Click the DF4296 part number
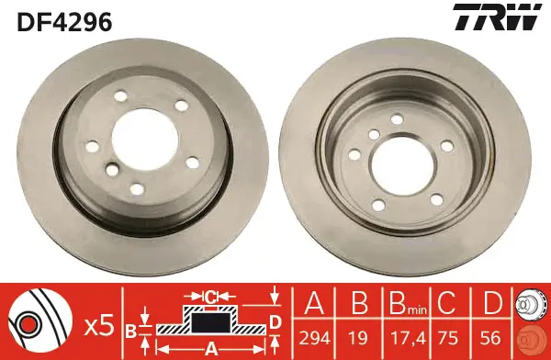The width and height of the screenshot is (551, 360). tap(64, 21)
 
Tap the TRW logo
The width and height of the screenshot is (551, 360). tap(497, 17)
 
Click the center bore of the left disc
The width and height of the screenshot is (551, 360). tap(145, 139)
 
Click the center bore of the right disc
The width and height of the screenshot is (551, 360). tap(402, 165)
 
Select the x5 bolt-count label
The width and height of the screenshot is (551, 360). tap(100, 325)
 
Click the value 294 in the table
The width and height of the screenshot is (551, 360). tap(314, 338)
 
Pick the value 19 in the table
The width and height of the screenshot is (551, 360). tap(358, 338)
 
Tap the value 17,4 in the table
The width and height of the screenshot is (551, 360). tap(409, 339)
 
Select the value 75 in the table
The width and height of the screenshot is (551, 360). tap(448, 338)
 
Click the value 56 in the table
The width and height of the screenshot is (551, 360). tap(490, 338)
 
